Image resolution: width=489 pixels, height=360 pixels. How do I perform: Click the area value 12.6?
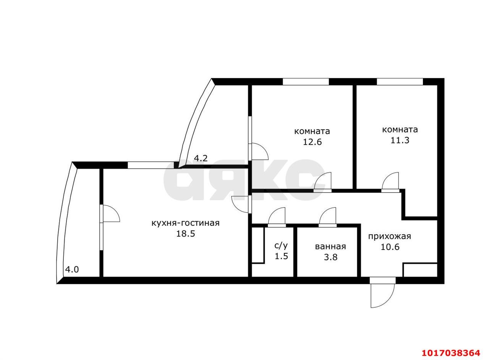tap(313, 142)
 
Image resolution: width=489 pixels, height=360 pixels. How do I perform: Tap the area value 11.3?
tap(400, 140)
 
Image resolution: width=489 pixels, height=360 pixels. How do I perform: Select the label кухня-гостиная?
tap(185, 223)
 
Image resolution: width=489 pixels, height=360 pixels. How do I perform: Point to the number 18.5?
tap(186, 234)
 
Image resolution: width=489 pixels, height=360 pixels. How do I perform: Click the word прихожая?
tap(389, 237)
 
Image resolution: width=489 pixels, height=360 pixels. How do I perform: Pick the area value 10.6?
tap(390, 247)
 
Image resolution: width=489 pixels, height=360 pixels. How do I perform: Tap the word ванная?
tap(330, 246)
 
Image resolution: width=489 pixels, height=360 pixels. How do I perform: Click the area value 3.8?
tap(330, 257)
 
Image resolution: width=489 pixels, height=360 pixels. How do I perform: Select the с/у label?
tap(281, 246)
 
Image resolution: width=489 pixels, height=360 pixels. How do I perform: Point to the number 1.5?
tap(282, 256)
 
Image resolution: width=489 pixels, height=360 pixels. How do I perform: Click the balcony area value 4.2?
tap(201, 158)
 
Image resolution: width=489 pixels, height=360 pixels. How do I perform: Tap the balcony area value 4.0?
tap(72, 269)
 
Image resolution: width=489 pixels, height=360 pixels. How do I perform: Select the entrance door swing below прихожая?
tap(383, 294)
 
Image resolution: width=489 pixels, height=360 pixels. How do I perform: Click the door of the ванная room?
tap(328, 217)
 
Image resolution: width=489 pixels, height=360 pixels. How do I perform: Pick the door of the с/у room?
tap(277, 217)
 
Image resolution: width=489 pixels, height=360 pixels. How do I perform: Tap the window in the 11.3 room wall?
tap(400, 81)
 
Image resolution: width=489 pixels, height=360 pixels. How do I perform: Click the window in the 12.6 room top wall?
tap(306, 81)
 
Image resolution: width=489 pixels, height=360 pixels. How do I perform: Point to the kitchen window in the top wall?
tap(151, 165)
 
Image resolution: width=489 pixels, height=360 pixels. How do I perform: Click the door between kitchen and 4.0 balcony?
tap(110, 213)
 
